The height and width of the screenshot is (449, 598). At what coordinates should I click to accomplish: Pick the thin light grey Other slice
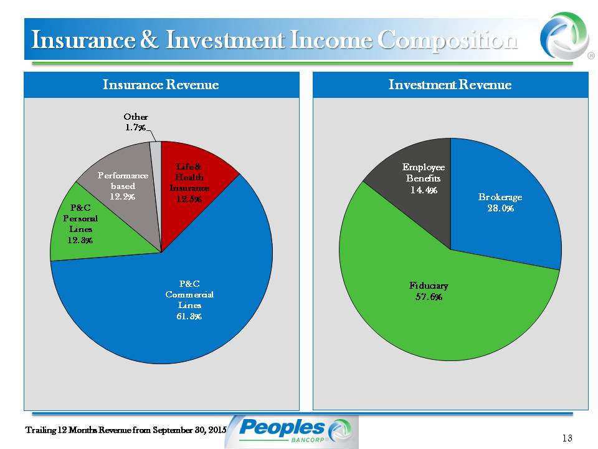coord(156,160)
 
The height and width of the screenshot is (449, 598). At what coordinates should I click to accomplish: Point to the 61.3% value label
coord(189,316)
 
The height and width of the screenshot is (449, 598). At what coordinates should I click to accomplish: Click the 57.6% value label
coord(429,297)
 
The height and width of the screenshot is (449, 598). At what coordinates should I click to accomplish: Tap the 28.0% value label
coord(500,208)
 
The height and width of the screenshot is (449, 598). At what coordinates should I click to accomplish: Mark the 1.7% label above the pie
coord(135,127)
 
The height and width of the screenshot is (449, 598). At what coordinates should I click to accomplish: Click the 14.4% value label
coord(424,190)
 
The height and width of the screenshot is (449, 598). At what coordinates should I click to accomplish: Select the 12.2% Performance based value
coord(123,196)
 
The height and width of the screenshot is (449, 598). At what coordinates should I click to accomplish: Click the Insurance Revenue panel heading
coord(161,84)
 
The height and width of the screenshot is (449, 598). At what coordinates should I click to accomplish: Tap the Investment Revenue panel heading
coord(450,84)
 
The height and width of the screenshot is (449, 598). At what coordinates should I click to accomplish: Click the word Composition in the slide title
coord(447,40)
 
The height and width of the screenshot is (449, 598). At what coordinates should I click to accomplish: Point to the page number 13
coord(567,438)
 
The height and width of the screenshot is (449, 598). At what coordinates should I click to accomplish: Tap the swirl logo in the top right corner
coord(564,36)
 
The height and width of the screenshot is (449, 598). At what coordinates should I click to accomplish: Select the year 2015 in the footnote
coord(218,430)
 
